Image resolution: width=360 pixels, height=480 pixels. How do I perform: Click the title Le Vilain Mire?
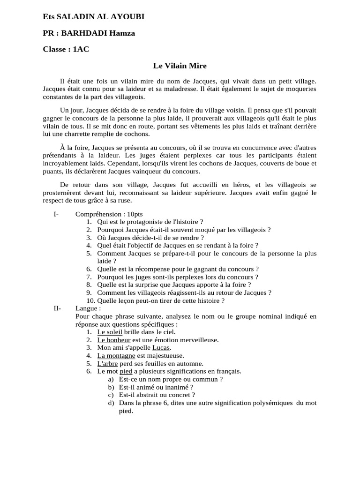point(180,66)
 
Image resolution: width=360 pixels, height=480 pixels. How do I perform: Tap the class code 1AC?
point(81,49)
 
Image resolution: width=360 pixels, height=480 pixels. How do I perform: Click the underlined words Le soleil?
point(110,332)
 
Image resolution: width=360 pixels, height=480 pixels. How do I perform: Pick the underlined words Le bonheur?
point(114,339)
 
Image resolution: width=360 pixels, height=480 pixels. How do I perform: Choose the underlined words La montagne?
point(116,355)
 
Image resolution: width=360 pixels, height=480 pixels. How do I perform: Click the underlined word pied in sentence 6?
point(126,371)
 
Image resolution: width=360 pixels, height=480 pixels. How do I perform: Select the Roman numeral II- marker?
point(58,308)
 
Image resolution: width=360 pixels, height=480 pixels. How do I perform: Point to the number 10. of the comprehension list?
point(90,300)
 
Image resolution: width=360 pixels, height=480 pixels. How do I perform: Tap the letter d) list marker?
point(111,403)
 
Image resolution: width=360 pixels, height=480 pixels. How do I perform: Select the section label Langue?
point(87,308)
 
